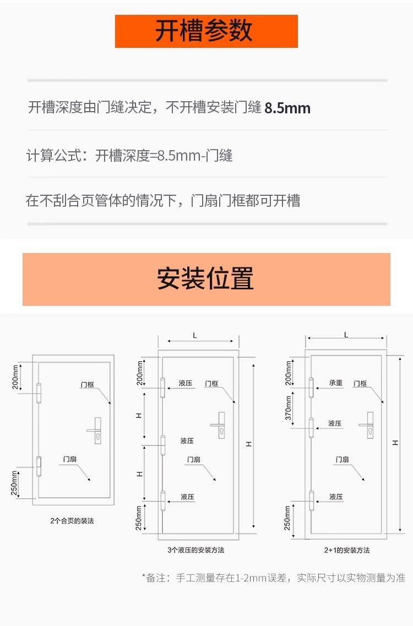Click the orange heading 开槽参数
(x=206, y=31)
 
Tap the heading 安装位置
(x=206, y=278)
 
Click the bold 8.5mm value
(x=287, y=108)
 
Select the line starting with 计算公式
(x=130, y=156)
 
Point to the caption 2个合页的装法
(x=72, y=520)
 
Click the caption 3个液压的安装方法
(x=196, y=550)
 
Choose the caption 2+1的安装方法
(x=347, y=550)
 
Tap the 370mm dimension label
(x=288, y=408)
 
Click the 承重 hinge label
(x=336, y=383)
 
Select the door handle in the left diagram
(x=95, y=430)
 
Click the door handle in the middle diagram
(x=219, y=425)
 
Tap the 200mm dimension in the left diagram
(x=15, y=378)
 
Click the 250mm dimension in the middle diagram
(x=139, y=518)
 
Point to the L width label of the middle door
(x=195, y=335)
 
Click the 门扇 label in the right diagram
(x=343, y=459)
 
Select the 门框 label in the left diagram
(x=88, y=385)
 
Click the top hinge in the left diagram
(x=39, y=394)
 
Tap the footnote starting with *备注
(x=273, y=578)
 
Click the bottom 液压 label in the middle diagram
(x=188, y=497)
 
